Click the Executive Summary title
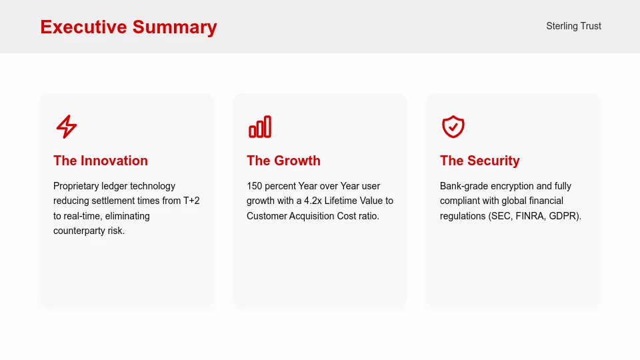pos(129,27)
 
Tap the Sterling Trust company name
pos(573,26)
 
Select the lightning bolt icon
pos(66,127)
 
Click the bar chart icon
pos(260,127)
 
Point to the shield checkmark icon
pos(453,127)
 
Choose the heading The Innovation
pos(101,161)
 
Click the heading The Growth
pos(283,161)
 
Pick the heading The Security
pos(479,161)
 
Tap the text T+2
pos(191,201)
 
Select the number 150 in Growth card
pos(255,186)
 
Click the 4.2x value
pos(313,201)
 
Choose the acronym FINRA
pos(531,216)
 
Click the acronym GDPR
pos(565,216)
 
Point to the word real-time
pos(83,216)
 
